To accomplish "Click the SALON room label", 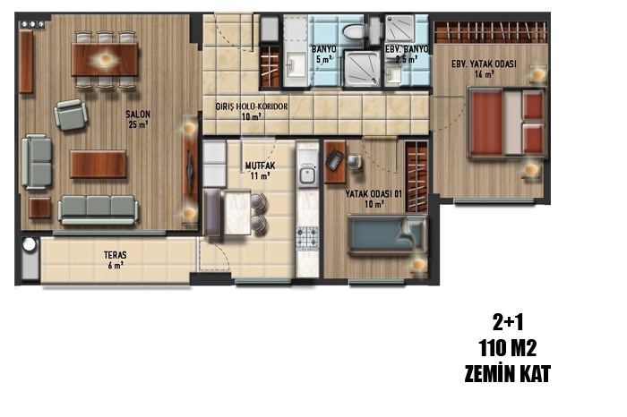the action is pos(138,115).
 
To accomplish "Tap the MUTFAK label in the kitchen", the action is pos(260,166).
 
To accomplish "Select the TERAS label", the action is pos(116,255).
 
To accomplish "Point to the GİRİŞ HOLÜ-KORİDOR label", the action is pos(252,106).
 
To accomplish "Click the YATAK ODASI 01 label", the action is pos(374,194).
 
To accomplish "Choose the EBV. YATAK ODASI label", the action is pos(484,64).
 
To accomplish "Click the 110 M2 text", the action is pos(508,348).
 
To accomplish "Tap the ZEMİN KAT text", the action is pos(508,374).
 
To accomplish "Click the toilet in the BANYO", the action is pos(355,31).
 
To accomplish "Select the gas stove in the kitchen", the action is pos(307,237).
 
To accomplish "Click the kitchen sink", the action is pos(307,175).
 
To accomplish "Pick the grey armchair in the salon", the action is pos(71,115).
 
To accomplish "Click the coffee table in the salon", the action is pos(98,164).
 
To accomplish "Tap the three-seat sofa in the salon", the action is pos(99,209).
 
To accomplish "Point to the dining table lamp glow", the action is pos(105,60).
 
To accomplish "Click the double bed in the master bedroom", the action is pos(507,123).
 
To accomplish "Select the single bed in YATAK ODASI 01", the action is pos(386,234).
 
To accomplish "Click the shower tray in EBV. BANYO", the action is pos(399,28).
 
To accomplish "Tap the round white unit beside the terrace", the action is pos(30,244).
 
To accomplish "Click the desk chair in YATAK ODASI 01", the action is pos(355,161).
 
